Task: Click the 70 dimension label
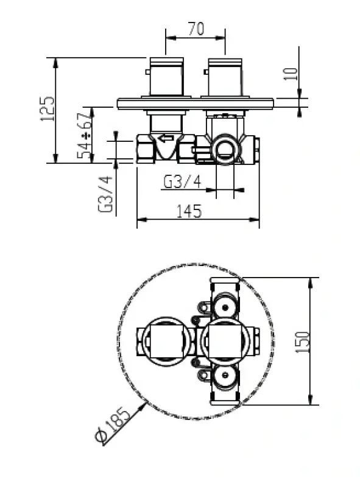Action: click(x=196, y=29)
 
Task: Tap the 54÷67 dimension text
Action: click(x=86, y=136)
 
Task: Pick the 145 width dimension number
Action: click(x=188, y=211)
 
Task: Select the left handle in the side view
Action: click(x=166, y=77)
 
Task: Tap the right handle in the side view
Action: click(x=225, y=77)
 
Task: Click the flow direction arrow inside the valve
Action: click(x=165, y=138)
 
